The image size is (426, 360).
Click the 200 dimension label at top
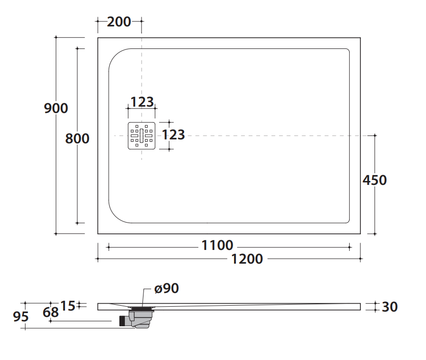(x=119, y=22)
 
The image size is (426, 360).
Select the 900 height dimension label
(x=56, y=108)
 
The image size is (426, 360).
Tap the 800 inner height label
(x=77, y=138)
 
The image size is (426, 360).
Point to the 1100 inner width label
(x=217, y=246)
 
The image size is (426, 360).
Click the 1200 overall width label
(x=247, y=259)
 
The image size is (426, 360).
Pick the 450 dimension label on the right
(x=375, y=180)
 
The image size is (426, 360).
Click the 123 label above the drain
(x=142, y=102)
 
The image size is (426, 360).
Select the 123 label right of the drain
(x=173, y=135)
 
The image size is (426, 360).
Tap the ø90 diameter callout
(x=166, y=288)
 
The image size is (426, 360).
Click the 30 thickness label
(x=390, y=307)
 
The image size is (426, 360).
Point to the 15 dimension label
(x=68, y=306)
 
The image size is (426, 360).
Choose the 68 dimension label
(x=50, y=312)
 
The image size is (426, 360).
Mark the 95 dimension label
(x=21, y=317)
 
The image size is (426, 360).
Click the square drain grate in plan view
(x=142, y=136)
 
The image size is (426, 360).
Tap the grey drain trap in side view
(x=141, y=319)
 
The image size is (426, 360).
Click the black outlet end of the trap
(x=122, y=321)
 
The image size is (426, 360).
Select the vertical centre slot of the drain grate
(x=142, y=136)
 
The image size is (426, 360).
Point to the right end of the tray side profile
(x=360, y=307)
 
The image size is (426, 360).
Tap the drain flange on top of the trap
(x=142, y=309)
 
